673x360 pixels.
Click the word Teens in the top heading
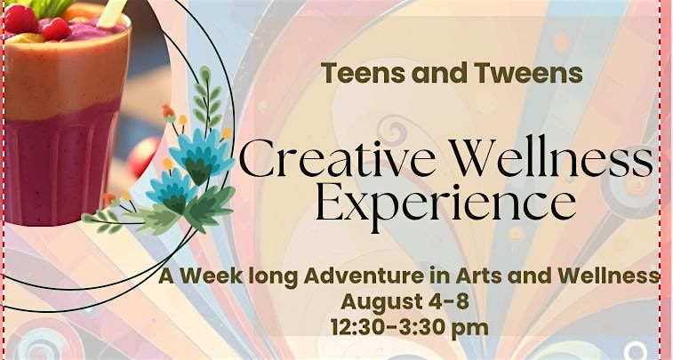(363, 73)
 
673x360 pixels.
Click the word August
(381, 302)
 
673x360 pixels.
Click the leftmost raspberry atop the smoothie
(20, 20)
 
